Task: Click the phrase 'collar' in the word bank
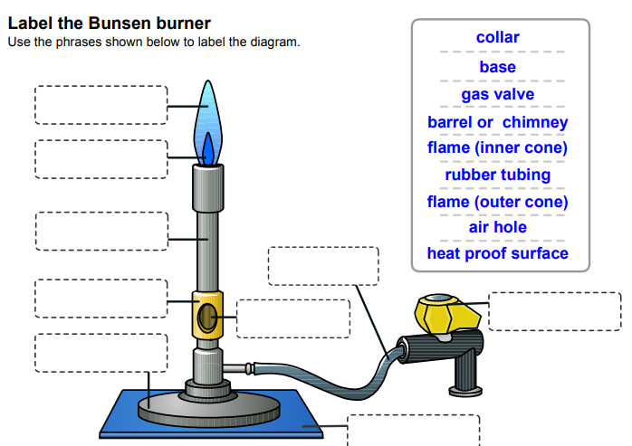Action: point(497,38)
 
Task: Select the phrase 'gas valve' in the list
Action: point(497,94)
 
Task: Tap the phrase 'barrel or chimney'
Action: point(497,122)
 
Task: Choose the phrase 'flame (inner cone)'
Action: point(497,147)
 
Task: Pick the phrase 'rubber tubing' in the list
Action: point(497,175)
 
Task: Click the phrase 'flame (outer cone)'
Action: point(497,202)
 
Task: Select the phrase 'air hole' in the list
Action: point(497,227)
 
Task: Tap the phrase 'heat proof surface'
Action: point(497,253)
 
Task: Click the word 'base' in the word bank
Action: point(497,67)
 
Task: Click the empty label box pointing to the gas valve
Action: point(554,311)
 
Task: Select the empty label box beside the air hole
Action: point(292,318)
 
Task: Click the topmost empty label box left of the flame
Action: point(101,105)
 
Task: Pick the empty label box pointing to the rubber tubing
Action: point(323,265)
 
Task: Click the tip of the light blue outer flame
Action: point(208,85)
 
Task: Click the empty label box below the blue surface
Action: point(413,431)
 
